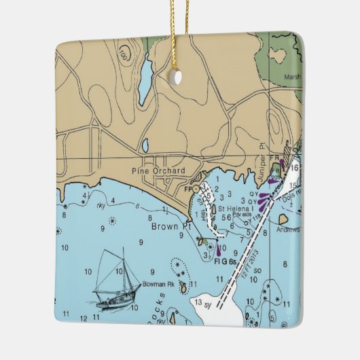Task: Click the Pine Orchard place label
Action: tap(158, 171)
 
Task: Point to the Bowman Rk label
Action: tap(158, 284)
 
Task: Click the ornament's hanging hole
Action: tap(178, 78)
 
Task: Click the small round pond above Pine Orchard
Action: tap(145, 144)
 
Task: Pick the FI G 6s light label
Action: tap(224, 262)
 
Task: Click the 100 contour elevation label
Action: tap(123, 52)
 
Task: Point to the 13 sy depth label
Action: tap(202, 302)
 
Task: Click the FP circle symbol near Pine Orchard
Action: tap(196, 188)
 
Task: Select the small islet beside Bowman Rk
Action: tap(183, 288)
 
